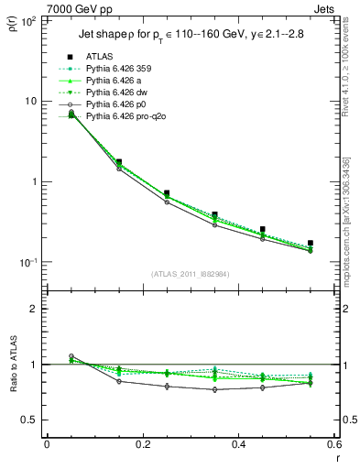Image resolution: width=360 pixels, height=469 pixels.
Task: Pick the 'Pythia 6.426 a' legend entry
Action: tap(115, 81)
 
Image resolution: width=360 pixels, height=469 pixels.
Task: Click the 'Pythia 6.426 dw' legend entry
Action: tap(117, 93)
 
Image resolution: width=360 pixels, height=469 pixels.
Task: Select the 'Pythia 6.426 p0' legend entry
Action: tap(116, 104)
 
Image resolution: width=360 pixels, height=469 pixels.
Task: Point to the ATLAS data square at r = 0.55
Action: tap(311, 243)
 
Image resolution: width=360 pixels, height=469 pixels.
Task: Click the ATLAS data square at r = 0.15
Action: tap(119, 161)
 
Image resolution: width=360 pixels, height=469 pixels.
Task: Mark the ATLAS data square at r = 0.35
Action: tap(214, 214)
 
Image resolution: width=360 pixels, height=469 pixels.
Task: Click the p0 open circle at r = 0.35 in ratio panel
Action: tap(214, 389)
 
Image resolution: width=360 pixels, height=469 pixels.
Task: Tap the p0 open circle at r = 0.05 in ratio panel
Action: tap(71, 356)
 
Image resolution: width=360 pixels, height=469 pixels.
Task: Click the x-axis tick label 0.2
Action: tap(142, 444)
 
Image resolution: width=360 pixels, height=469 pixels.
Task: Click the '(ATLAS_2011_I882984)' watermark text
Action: tap(191, 274)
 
